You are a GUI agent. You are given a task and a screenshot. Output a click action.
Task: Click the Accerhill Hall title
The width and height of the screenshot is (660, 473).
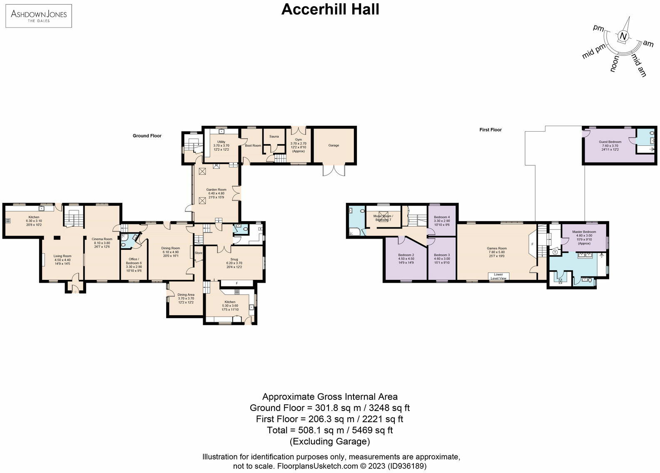coord(330,9)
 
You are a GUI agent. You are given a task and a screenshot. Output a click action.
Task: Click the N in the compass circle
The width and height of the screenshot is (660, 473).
coord(623,37)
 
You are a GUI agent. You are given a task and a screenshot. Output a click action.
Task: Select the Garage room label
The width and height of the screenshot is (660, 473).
coord(334,145)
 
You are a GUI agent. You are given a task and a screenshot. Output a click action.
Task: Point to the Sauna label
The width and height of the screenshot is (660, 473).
coord(274,137)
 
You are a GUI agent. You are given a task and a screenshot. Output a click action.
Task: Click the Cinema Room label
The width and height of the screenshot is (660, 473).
coord(102,239)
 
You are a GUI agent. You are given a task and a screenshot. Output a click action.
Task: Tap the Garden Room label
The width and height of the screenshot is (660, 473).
coord(217,189)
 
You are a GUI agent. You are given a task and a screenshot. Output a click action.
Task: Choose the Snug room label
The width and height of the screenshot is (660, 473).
coord(234,259)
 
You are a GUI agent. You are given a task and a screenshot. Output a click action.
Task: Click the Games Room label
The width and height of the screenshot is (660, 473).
coord(497,248)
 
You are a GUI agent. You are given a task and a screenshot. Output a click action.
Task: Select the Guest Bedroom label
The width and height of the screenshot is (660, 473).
coord(610,142)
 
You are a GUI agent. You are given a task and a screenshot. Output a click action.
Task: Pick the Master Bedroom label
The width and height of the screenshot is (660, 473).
coord(584,232)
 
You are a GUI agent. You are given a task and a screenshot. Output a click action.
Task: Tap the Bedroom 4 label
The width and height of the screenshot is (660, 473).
coord(441,217)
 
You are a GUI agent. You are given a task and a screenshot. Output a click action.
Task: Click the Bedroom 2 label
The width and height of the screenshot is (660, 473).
coord(406,255)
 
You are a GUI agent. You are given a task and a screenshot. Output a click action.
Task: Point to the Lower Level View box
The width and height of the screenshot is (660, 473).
coord(498,276)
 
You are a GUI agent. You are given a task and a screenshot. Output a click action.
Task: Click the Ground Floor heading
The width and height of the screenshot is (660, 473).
coord(147,136)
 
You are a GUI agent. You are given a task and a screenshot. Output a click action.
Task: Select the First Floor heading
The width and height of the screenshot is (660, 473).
coord(491,130)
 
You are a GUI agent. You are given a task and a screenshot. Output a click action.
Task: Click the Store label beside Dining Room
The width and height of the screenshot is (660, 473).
coord(198,253)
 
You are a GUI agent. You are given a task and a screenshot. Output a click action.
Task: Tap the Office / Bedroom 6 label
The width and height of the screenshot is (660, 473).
coord(134,261)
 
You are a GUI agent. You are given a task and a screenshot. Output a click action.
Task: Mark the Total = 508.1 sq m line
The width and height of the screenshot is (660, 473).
coord(330,430)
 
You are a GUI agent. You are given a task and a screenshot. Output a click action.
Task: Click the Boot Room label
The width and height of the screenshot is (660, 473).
coord(253,146)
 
